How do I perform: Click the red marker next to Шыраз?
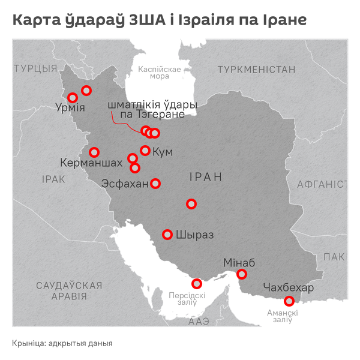[167, 234]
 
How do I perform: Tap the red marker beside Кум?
[145, 151]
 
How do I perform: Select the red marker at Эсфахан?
[155, 184]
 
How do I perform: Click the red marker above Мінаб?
[242, 274]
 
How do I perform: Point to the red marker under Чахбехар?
[289, 301]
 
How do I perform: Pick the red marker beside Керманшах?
[94, 152]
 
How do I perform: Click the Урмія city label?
[70, 109]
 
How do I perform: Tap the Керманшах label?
[89, 163]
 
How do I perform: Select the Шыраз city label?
[195, 235]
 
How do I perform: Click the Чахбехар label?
[288, 289]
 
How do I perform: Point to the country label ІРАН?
[205, 177]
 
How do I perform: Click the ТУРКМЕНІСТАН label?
[257, 70]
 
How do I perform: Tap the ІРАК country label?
[53, 179]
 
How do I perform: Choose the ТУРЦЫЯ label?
[35, 68]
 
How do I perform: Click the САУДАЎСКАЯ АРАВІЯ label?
[68, 290]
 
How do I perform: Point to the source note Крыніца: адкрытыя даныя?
[62, 343]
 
